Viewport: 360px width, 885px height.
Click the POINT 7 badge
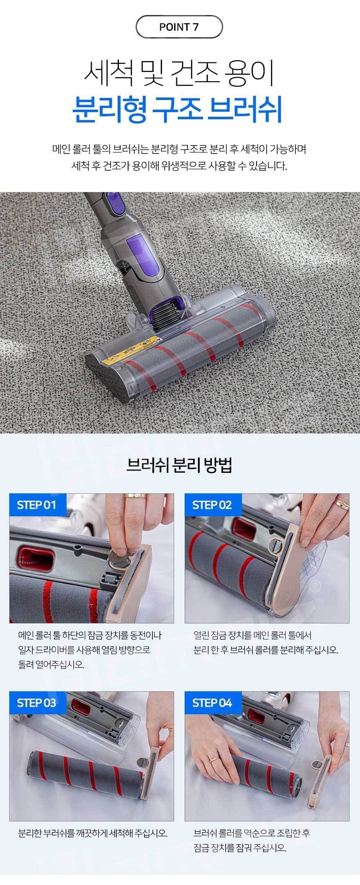click(179, 27)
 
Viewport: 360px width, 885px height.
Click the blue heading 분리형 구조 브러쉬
click(177, 109)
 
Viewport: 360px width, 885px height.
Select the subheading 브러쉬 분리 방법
click(180, 465)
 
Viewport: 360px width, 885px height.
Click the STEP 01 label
click(36, 505)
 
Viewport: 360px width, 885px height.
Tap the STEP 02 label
click(212, 505)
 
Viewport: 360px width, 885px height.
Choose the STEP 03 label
click(36, 703)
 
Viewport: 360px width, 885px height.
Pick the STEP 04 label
click(212, 703)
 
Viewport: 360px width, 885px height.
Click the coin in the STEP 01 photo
click(120, 559)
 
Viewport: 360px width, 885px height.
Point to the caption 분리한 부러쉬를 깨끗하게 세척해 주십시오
click(93, 833)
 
